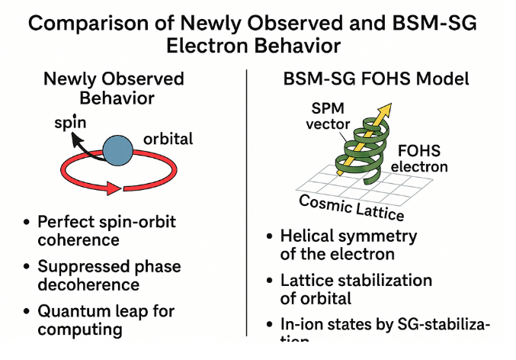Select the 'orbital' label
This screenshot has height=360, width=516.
click(x=168, y=140)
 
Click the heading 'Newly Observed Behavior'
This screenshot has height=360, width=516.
click(x=114, y=88)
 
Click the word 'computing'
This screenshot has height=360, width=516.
click(x=79, y=329)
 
